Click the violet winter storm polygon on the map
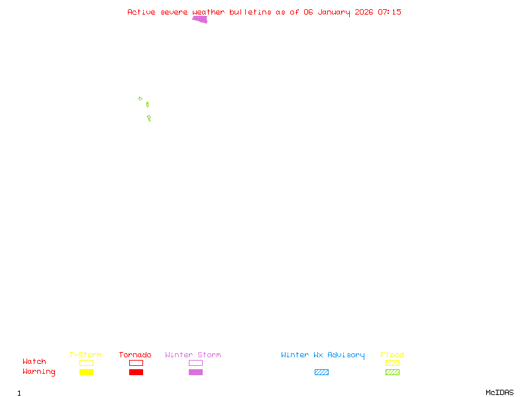(201, 19)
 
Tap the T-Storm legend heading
(85, 355)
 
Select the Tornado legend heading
(135, 355)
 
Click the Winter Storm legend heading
(193, 355)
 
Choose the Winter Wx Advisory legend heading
(323, 355)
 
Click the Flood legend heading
(392, 355)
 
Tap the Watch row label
(34, 362)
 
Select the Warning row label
(39, 372)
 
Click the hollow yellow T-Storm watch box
(86, 363)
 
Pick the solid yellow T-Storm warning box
(86, 373)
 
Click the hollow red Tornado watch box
(136, 363)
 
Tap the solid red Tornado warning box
(136, 373)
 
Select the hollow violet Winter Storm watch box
(195, 363)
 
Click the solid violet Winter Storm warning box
(195, 373)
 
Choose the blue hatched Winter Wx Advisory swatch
(321, 373)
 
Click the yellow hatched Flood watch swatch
(392, 363)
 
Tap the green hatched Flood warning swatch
(392, 373)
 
